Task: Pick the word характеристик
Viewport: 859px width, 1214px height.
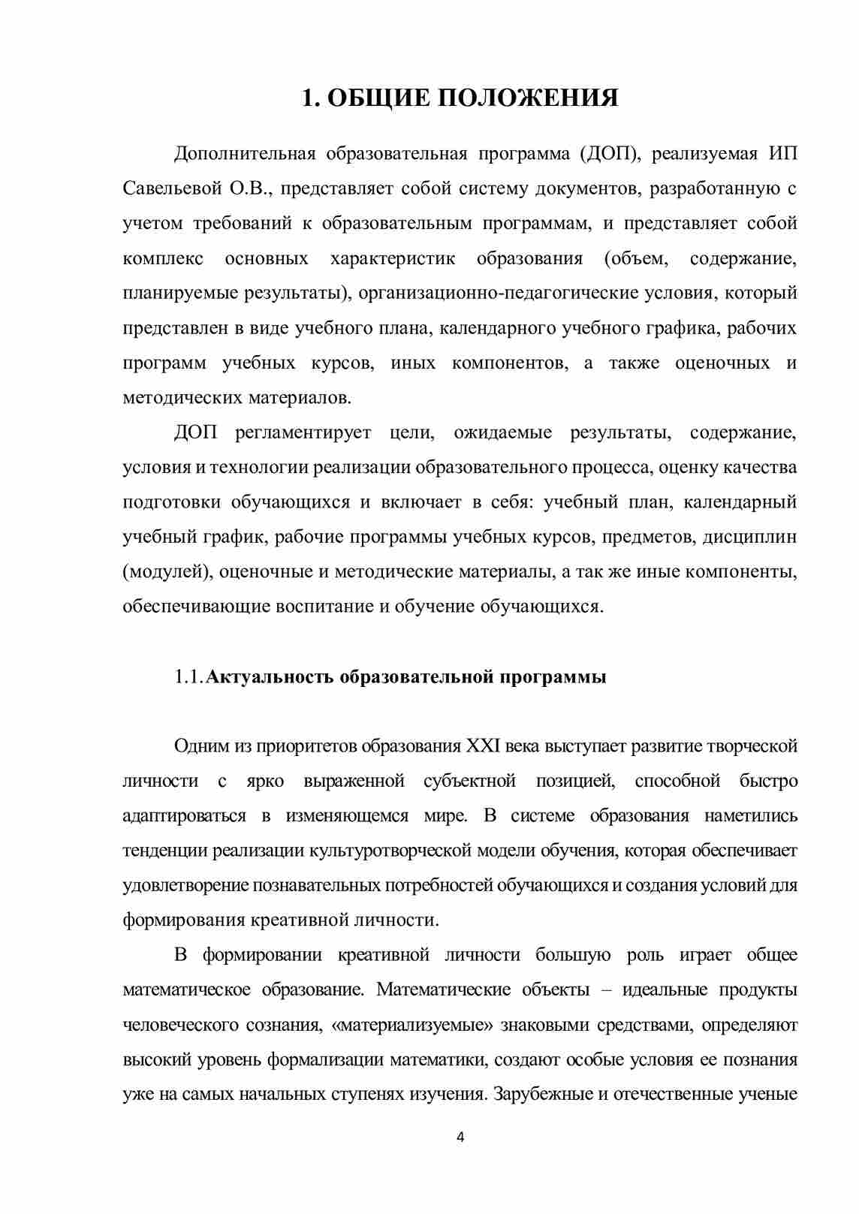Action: pyautogui.click(x=392, y=258)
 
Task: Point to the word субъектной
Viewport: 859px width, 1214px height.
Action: pyautogui.click(x=469, y=781)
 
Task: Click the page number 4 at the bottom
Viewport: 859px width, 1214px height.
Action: pyautogui.click(x=460, y=1137)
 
